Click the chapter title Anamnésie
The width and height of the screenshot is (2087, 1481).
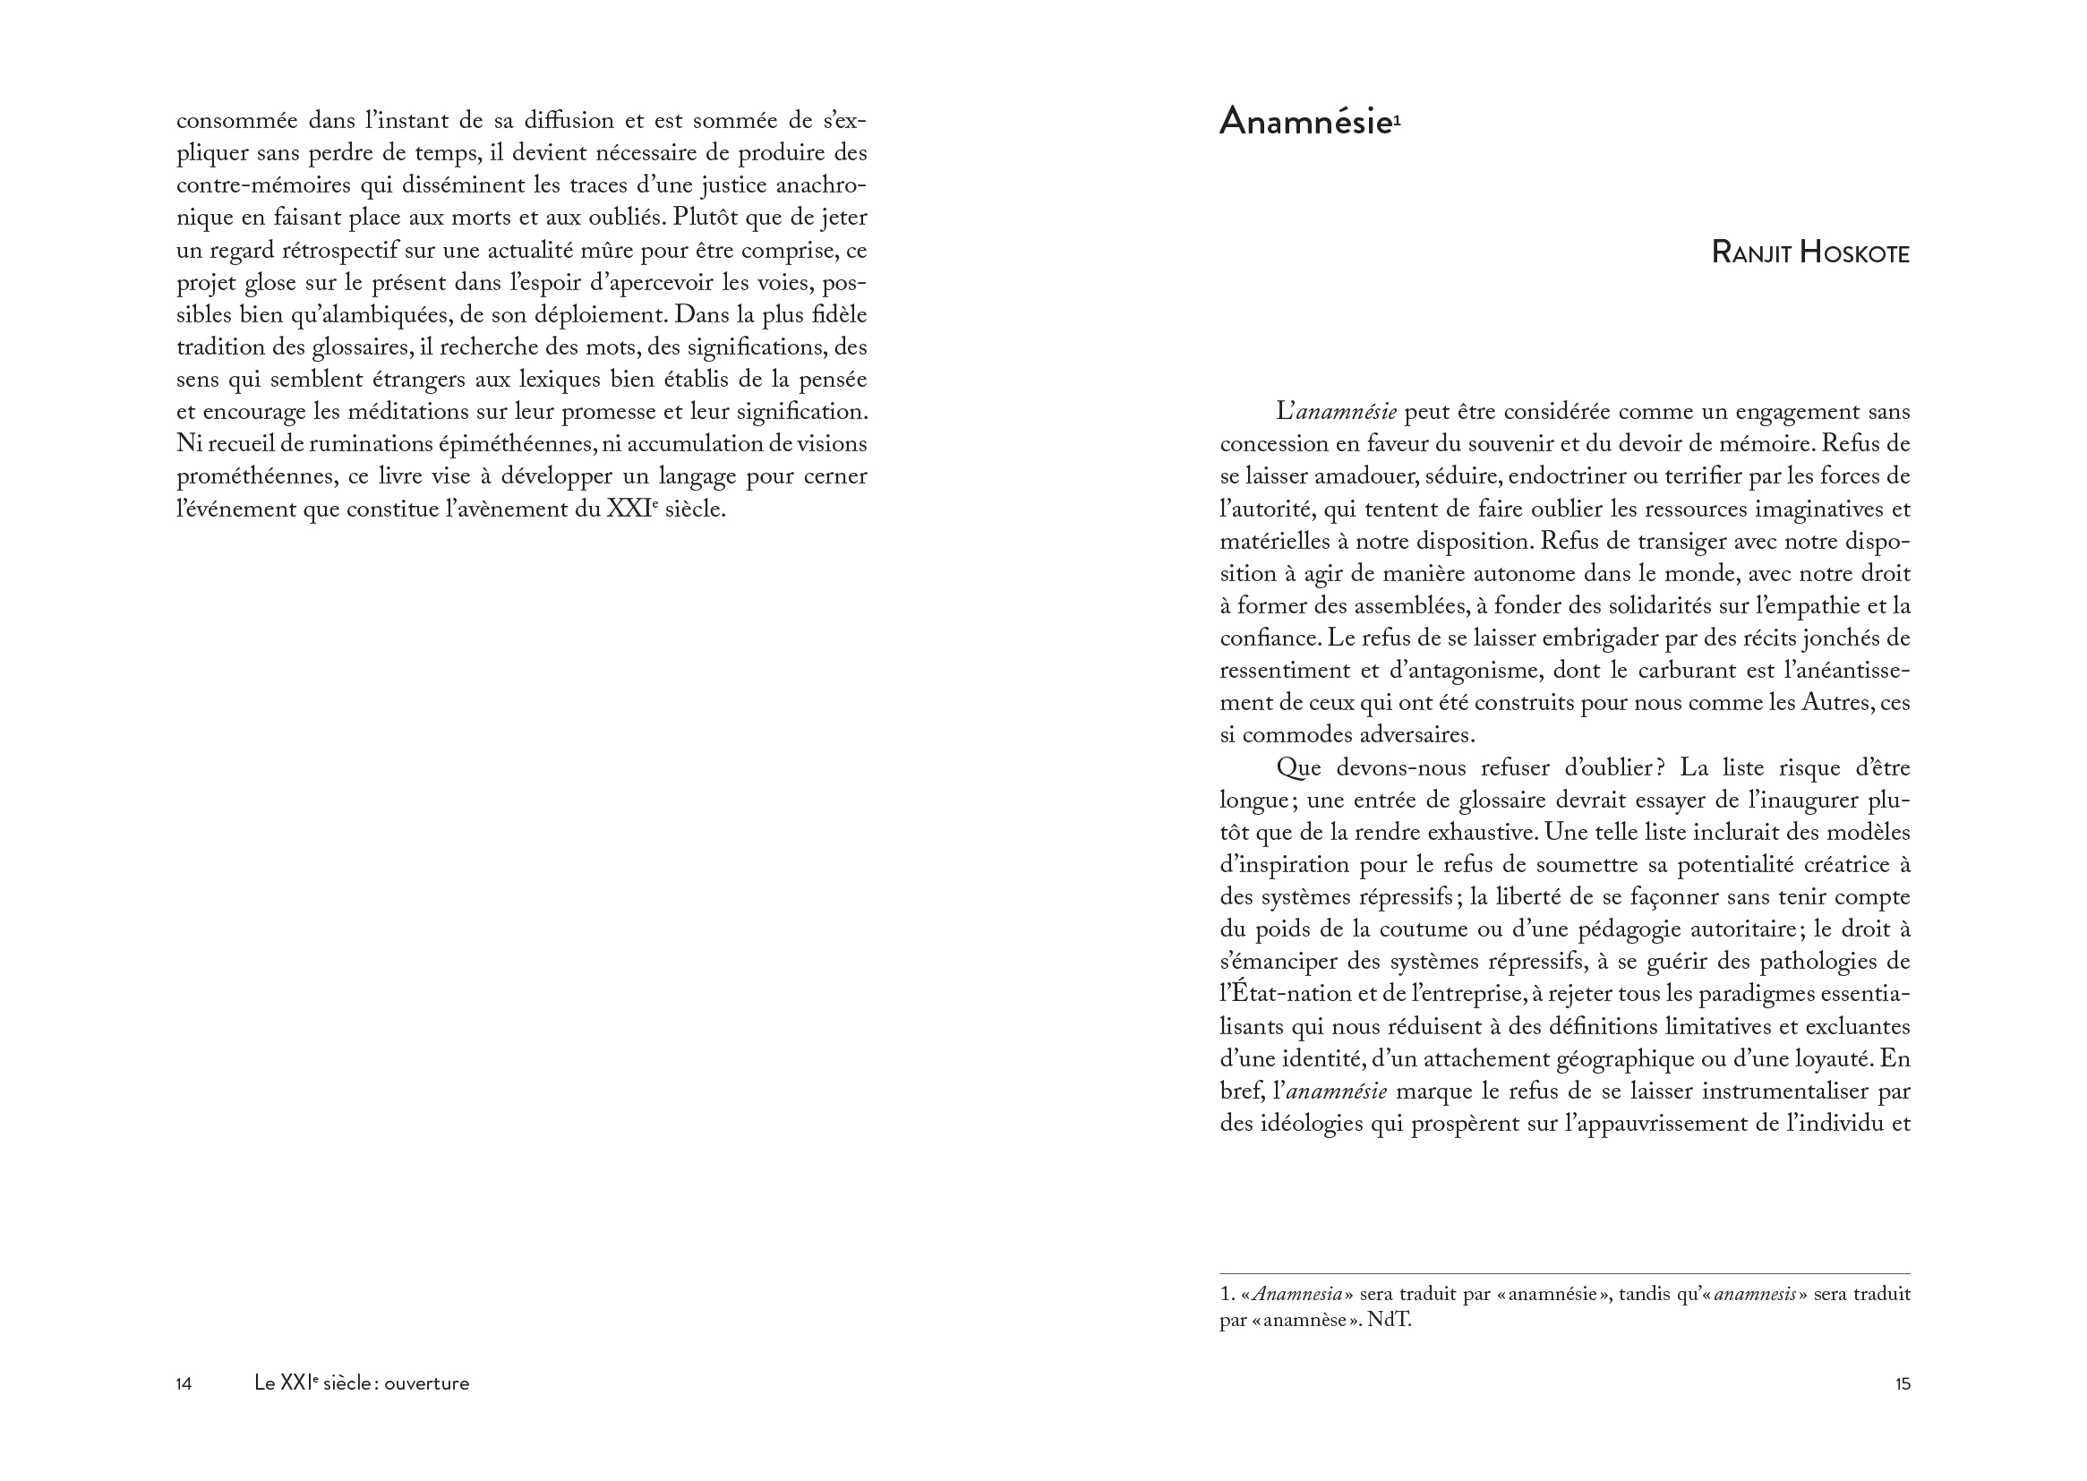1304,122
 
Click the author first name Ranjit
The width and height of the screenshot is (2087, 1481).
1750,253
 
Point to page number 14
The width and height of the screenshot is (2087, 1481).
184,1383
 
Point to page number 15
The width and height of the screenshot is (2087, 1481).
1902,1383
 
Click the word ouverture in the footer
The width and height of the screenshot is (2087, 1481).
427,1383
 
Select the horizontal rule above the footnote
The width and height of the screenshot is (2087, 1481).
1564,1273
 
